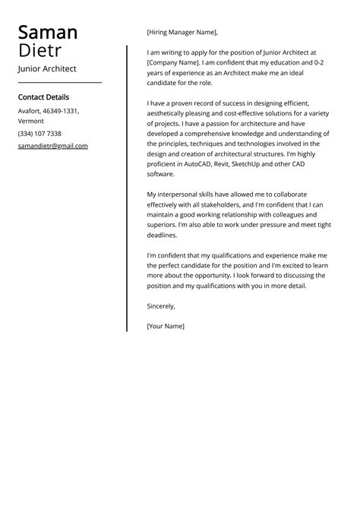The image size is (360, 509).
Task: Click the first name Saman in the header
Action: pos(47,33)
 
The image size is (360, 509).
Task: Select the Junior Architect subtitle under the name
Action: pos(47,68)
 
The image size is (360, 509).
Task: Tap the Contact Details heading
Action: pos(43,97)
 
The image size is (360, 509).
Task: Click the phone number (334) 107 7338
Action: pos(39,133)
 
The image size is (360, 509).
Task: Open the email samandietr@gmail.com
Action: pos(52,146)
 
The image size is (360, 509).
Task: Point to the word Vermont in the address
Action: pos(31,121)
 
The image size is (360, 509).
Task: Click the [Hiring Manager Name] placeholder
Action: pos(182,33)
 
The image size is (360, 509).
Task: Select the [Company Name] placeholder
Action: pos(172,62)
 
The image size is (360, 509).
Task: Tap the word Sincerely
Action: pos(161,306)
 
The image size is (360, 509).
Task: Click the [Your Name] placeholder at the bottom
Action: pos(166,326)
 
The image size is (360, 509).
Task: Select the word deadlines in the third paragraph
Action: pos(162,235)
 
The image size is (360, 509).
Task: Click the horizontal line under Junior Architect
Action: pos(59,82)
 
